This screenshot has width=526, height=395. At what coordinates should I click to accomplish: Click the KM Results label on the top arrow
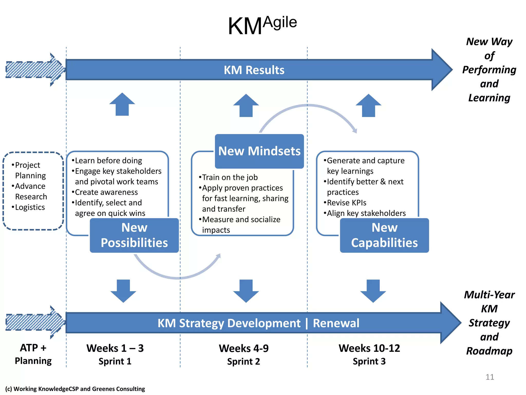254,70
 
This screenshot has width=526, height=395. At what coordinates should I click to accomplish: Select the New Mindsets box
259,151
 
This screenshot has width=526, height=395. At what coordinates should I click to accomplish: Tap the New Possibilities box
134,235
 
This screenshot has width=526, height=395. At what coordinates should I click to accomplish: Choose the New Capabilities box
384,235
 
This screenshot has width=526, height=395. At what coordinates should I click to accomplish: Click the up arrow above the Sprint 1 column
122,105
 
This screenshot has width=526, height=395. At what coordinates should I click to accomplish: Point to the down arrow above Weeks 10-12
373,291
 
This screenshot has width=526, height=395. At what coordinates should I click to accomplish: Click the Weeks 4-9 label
243,348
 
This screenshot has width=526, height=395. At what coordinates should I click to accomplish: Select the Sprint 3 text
369,361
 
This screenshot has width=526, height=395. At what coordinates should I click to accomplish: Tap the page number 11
490,377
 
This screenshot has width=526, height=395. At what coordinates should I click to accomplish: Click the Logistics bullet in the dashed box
30,207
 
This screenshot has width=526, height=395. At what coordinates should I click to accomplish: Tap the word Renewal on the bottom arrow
336,323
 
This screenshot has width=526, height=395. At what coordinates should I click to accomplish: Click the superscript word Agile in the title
280,22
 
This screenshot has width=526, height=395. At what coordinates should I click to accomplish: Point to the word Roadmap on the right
489,351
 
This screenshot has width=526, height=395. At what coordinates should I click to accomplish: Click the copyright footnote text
75,389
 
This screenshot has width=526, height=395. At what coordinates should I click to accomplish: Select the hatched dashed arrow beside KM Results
33,70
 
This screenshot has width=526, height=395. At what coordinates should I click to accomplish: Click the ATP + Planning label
33,354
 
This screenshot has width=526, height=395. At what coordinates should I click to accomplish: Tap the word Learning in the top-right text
489,98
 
